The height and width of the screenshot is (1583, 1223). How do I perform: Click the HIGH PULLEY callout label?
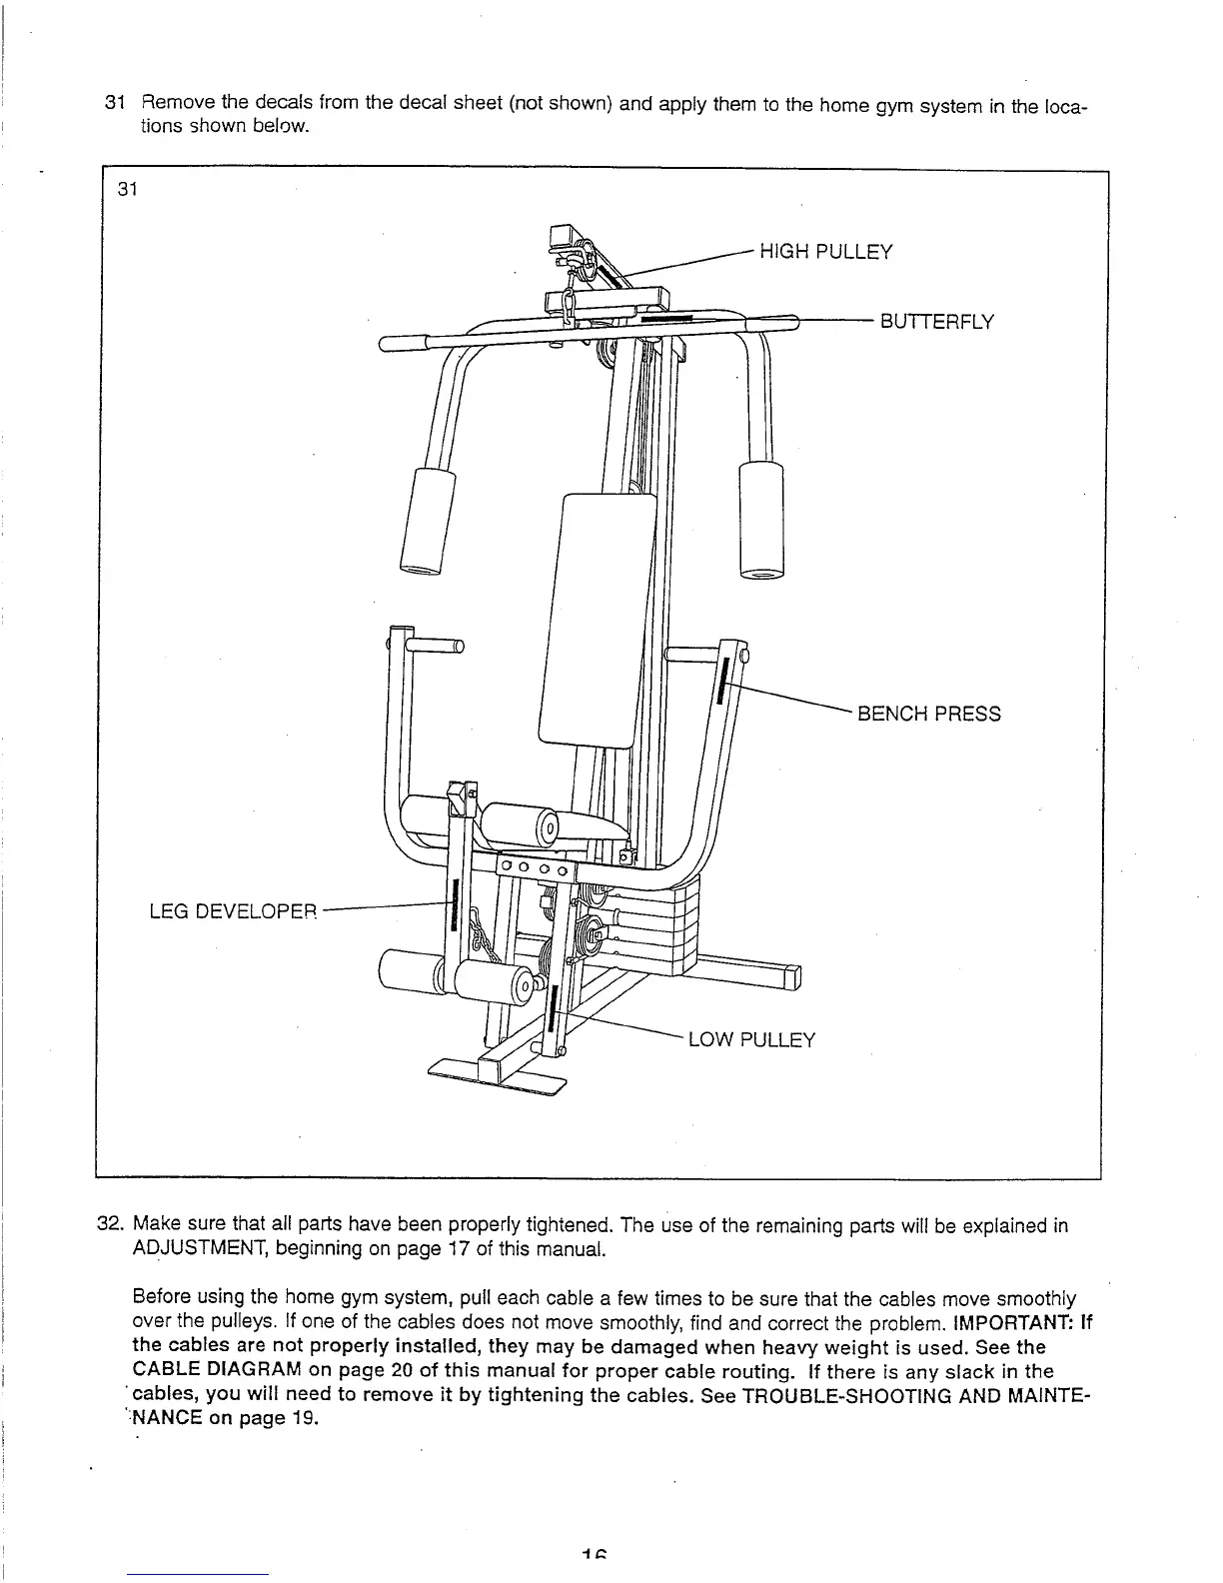pyautogui.click(x=825, y=251)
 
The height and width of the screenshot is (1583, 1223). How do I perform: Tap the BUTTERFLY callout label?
pyautogui.click(x=936, y=322)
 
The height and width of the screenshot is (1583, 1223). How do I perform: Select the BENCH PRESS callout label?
pyautogui.click(x=928, y=714)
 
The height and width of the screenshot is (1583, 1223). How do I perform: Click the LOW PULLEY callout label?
pyautogui.click(x=751, y=1040)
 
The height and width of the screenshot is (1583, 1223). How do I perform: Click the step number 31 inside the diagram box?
pyautogui.click(x=127, y=191)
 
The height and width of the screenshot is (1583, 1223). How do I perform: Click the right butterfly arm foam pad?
pyautogui.click(x=761, y=520)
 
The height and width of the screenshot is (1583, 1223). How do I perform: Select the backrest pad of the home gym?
pyautogui.click(x=597, y=620)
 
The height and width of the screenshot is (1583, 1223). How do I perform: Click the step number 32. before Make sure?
pyautogui.click(x=109, y=1226)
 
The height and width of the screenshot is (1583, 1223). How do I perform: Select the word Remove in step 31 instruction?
pyautogui.click(x=175, y=103)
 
